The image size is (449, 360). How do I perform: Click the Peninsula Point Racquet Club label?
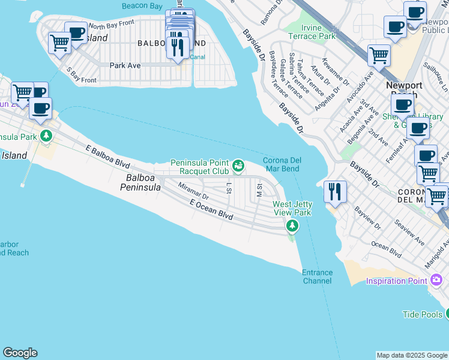pyautogui.click(x=200, y=166)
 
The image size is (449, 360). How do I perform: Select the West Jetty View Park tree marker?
pyautogui.click(x=292, y=226)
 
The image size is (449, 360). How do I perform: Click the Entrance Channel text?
pyautogui.click(x=317, y=277)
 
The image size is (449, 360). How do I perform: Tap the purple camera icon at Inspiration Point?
pyautogui.click(x=436, y=280)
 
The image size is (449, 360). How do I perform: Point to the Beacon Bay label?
pyautogui.click(x=142, y=6)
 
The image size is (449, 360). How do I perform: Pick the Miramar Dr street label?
pyautogui.click(x=193, y=191)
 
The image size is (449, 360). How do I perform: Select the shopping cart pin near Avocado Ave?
pyautogui.click(x=379, y=56)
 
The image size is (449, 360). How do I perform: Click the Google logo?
pyautogui.click(x=20, y=353)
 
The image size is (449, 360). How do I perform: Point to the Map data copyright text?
pyautogui.click(x=412, y=355)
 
